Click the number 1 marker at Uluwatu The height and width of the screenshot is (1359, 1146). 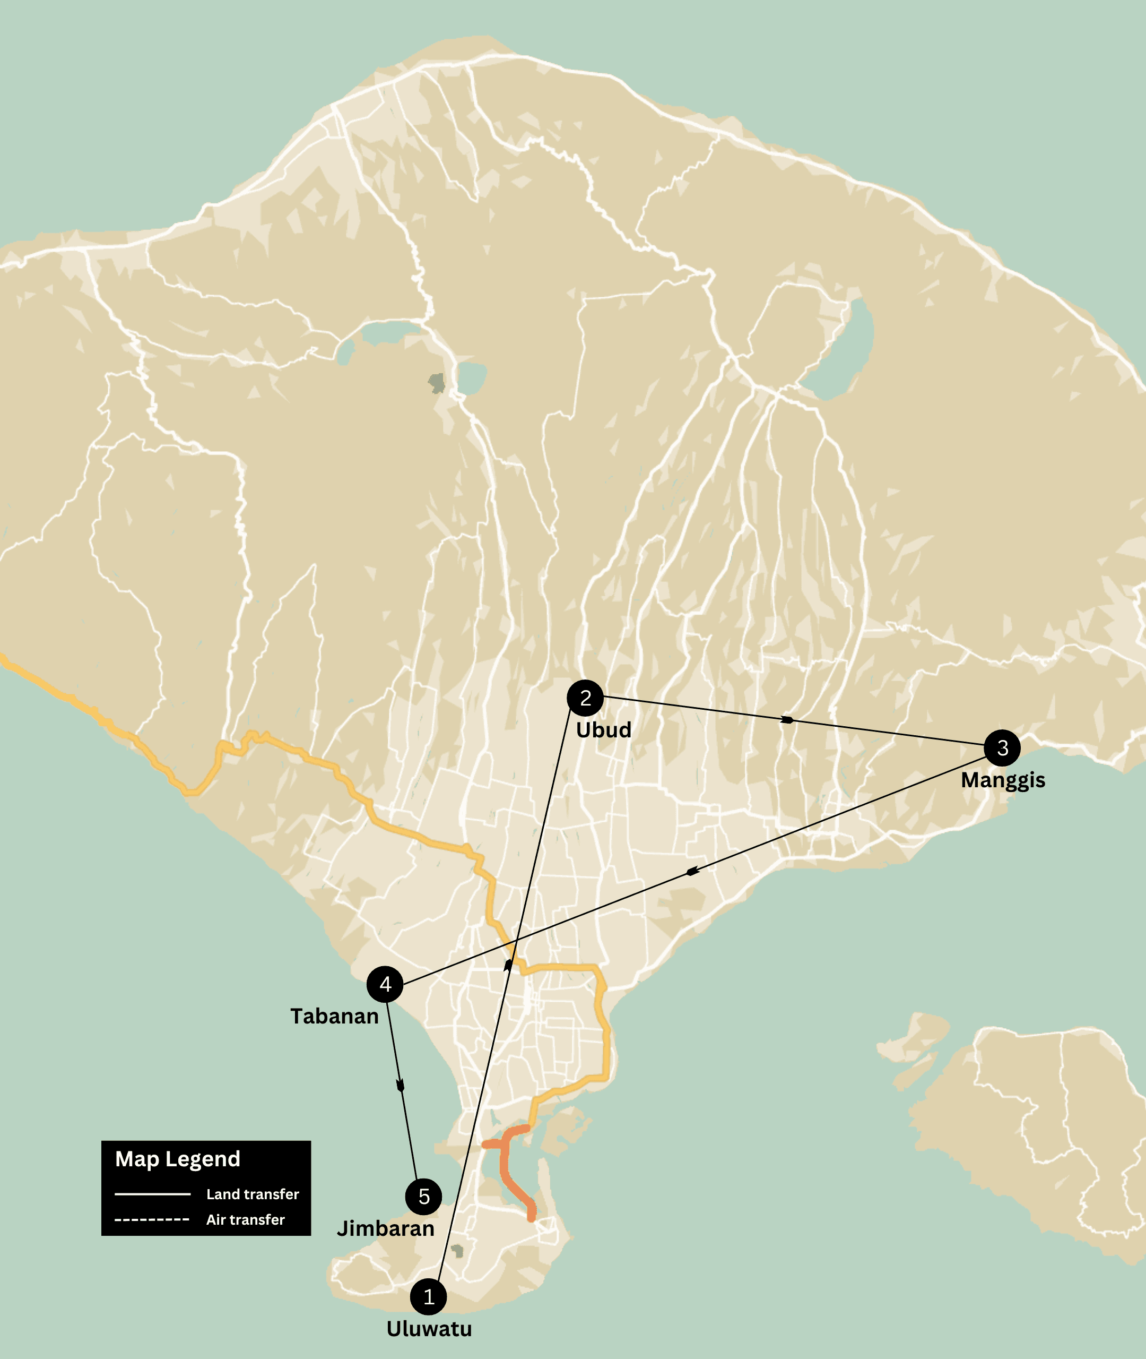coord(428,1296)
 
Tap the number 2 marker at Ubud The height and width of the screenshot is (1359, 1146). coord(585,698)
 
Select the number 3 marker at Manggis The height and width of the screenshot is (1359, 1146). coord(1002,748)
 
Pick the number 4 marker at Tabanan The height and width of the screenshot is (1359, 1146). coord(385,985)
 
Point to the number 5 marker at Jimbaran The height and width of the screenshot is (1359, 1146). coord(423,1197)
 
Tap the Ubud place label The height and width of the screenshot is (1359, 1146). coord(604,730)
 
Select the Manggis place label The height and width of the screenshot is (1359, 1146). coord(1003,780)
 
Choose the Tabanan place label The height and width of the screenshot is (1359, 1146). coord(334,1017)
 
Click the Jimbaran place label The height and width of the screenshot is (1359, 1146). coord(385,1228)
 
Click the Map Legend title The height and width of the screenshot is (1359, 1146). coord(177,1159)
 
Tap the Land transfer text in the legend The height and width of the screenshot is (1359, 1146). coord(253,1194)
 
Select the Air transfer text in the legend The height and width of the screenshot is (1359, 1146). coord(246,1219)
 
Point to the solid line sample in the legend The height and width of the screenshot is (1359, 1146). coord(153,1194)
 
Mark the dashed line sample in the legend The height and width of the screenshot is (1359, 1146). coord(152,1219)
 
